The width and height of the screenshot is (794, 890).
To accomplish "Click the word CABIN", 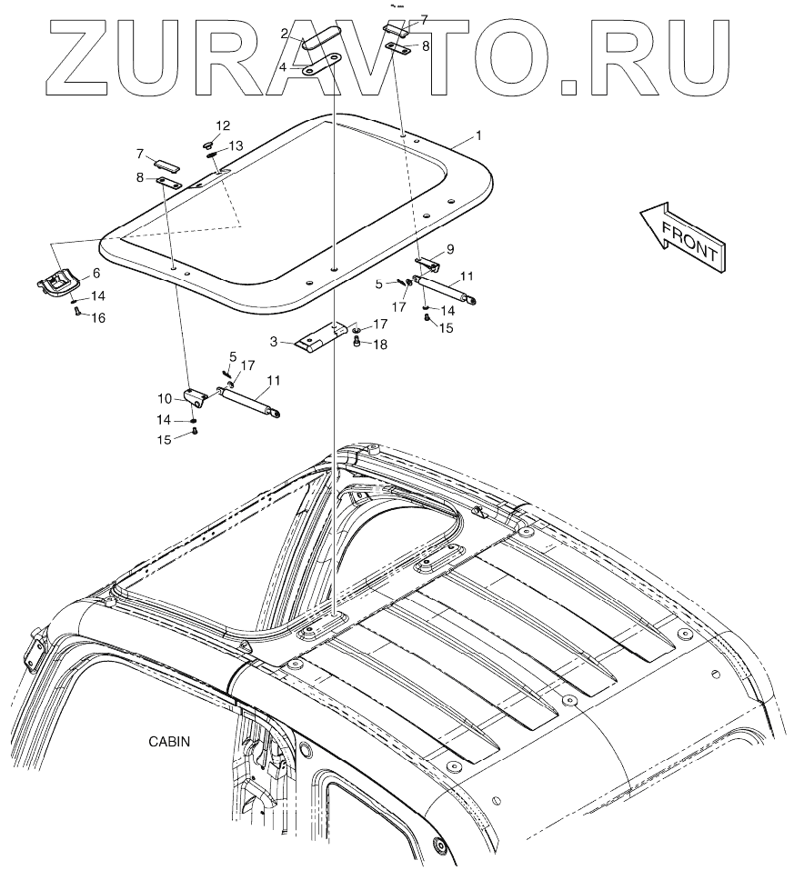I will click(x=170, y=741).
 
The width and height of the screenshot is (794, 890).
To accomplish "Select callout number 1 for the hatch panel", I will click(x=478, y=135).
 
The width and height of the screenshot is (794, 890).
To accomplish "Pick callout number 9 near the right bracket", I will click(x=449, y=247).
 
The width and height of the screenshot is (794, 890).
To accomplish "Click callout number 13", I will click(x=236, y=145).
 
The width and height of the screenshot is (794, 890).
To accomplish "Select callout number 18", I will click(x=380, y=344).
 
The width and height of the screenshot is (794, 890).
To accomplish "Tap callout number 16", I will click(x=97, y=317).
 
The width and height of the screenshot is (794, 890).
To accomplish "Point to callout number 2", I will click(x=284, y=34).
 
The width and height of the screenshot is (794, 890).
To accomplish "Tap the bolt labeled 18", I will click(x=357, y=341).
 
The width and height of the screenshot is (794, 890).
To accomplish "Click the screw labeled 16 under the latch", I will click(x=77, y=311).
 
